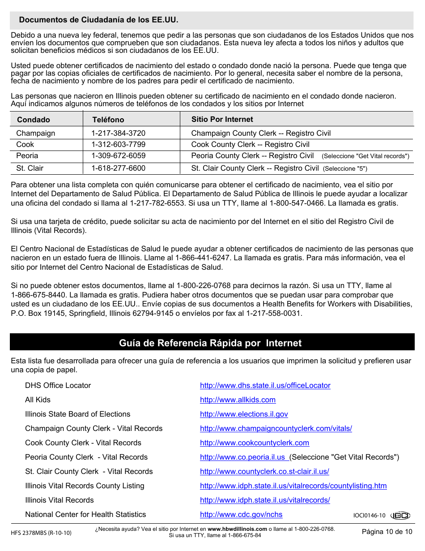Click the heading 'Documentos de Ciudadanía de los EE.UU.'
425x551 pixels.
click(x=98, y=20)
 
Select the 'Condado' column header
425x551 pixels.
click(x=34, y=120)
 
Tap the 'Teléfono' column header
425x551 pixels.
click(x=108, y=120)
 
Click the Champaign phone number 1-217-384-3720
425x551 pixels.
click(x=118, y=133)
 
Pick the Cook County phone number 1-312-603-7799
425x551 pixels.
click(x=118, y=144)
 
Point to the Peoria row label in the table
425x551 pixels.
click(x=27, y=155)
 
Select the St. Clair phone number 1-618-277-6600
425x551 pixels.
click(x=118, y=168)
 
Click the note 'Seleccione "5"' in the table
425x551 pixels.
click(x=345, y=169)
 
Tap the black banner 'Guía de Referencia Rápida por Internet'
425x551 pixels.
click(x=210, y=343)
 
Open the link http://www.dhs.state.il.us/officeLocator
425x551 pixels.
click(x=265, y=385)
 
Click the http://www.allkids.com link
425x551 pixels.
click(x=238, y=400)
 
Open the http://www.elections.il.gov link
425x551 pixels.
click(x=244, y=414)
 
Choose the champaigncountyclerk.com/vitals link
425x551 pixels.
click(x=276, y=428)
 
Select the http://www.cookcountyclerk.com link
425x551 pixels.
click(x=254, y=443)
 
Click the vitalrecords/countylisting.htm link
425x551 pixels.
click(x=293, y=486)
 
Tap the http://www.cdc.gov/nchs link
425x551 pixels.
click(x=241, y=514)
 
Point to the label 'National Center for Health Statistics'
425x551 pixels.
click(x=85, y=514)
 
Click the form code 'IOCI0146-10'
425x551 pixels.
click(x=369, y=516)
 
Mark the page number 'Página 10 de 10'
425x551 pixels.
click(x=387, y=532)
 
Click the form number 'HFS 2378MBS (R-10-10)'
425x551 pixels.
click(x=41, y=533)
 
